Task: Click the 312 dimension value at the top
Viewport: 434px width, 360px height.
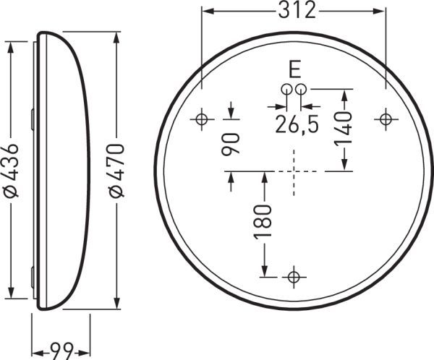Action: pyautogui.click(x=294, y=12)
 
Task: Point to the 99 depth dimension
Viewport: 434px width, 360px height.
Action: pyautogui.click(x=62, y=351)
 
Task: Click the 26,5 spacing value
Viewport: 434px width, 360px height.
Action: pyautogui.click(x=297, y=124)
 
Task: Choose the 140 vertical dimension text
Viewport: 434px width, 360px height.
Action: pyautogui.click(x=344, y=129)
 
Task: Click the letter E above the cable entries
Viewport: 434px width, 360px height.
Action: pyautogui.click(x=294, y=70)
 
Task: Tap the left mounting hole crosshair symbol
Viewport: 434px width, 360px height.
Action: pyautogui.click(x=202, y=119)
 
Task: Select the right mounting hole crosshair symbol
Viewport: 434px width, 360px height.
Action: pyautogui.click(x=386, y=119)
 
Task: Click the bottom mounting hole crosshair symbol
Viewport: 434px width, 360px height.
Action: pyautogui.click(x=293, y=276)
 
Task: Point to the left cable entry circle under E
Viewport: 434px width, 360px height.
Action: pyautogui.click(x=286, y=89)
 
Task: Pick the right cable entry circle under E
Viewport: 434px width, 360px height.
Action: pyautogui.click(x=301, y=89)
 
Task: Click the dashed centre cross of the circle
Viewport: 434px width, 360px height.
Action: pyautogui.click(x=294, y=171)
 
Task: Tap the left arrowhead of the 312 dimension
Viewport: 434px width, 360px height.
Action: pyautogui.click(x=207, y=12)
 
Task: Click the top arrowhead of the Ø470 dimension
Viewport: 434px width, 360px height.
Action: pyautogui.click(x=116, y=37)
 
